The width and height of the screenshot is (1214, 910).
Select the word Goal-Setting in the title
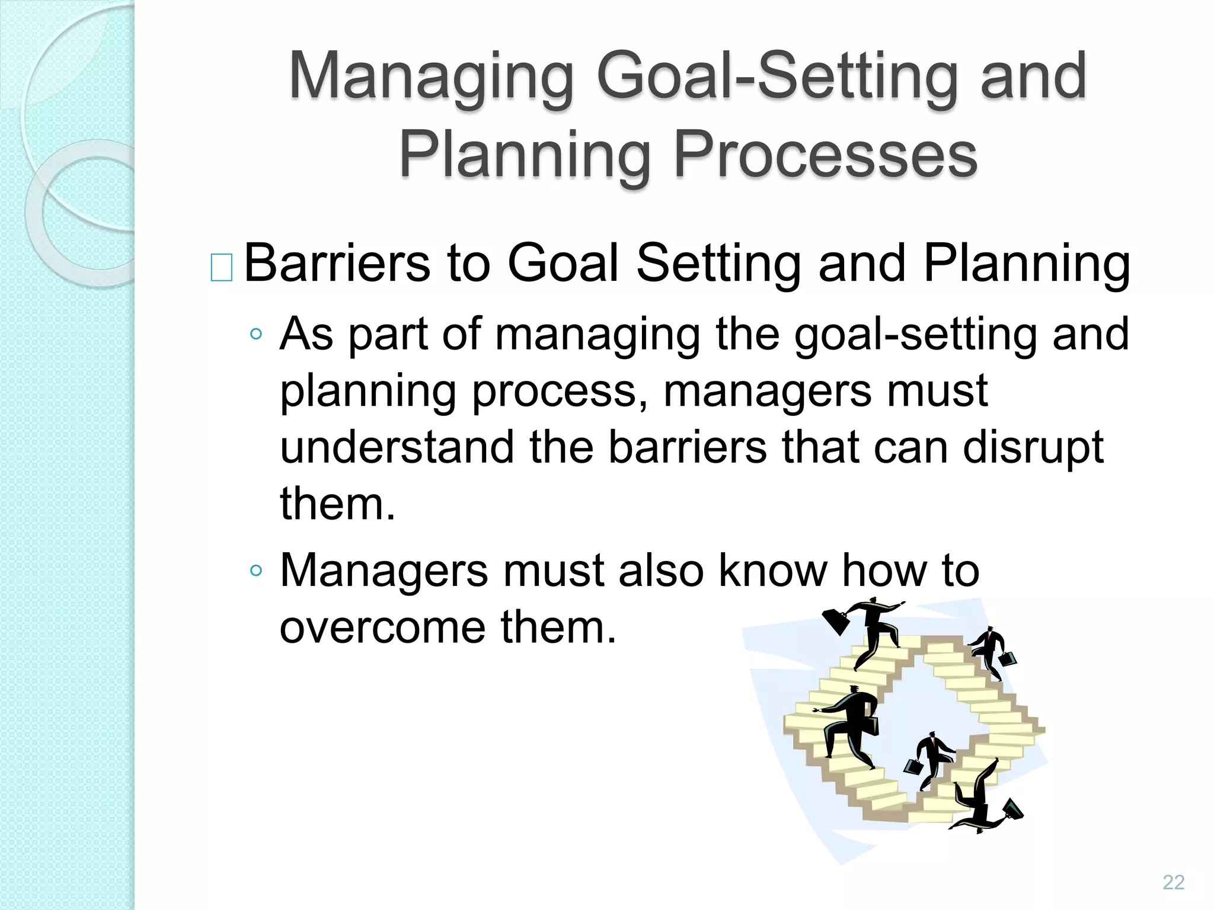coord(777,77)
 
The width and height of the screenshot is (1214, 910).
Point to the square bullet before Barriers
coord(222,267)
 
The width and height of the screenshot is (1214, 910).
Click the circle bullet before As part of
coord(256,334)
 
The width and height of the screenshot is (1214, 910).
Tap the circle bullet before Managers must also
coord(256,571)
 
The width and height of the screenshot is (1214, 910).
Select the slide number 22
coord(1173,882)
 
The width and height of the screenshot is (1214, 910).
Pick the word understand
coord(397,447)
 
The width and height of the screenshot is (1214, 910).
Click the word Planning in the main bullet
coord(1026,264)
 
